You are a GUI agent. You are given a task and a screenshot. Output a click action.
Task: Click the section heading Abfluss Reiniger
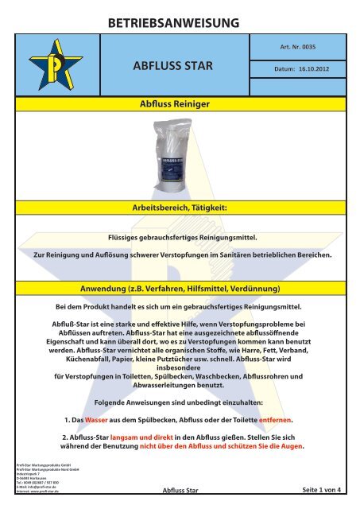(x=180, y=103)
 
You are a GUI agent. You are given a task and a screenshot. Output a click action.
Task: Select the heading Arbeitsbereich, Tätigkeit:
(x=180, y=207)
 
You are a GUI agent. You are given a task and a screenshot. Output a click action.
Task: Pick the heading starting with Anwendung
(x=180, y=286)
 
